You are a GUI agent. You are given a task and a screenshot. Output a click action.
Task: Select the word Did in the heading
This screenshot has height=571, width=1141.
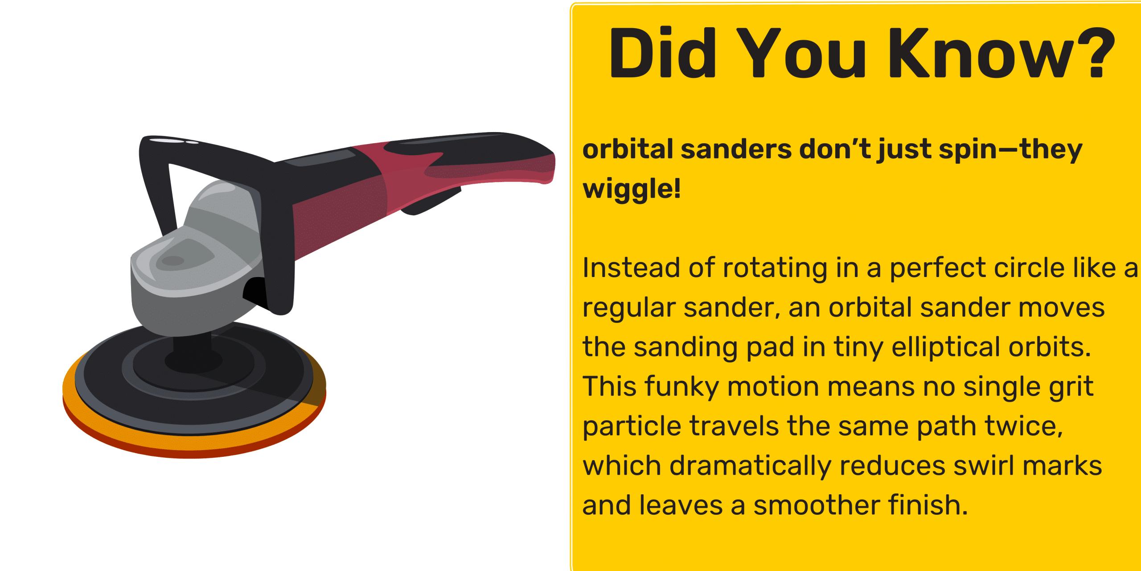click(662, 52)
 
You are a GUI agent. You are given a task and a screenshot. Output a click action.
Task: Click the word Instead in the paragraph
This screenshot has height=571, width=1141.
click(632, 268)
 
